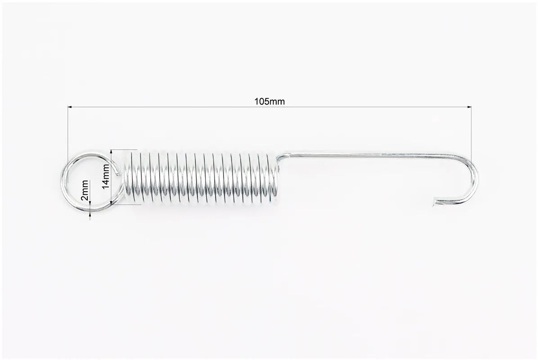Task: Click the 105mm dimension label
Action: [x=269, y=102]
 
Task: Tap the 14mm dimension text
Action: [x=106, y=176]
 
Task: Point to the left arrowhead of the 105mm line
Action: [x=70, y=108]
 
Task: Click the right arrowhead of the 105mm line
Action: [x=469, y=108]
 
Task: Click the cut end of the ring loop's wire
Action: [x=118, y=173]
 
